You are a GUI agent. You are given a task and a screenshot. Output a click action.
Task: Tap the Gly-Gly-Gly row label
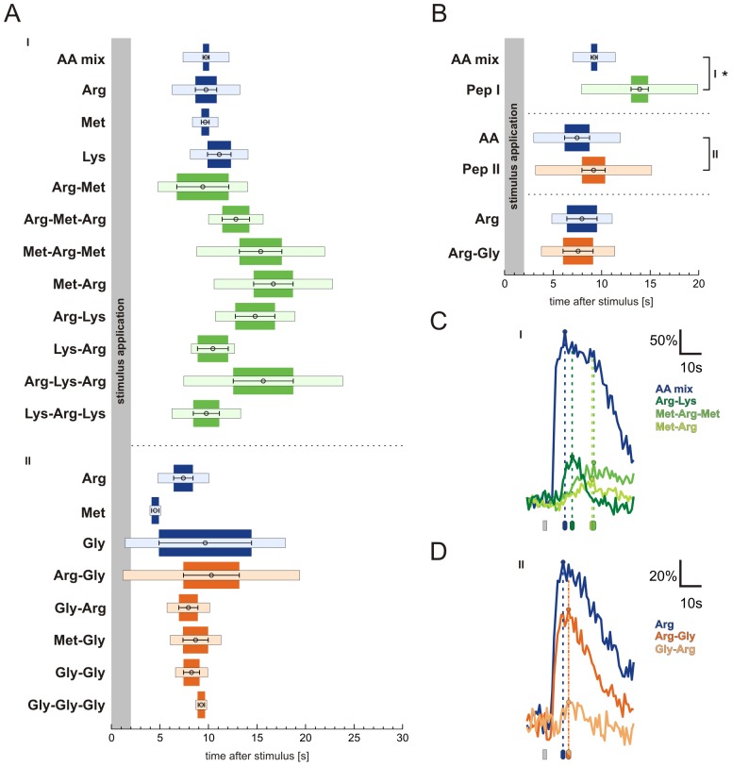[68, 705]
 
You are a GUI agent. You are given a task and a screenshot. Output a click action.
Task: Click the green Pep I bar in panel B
[640, 89]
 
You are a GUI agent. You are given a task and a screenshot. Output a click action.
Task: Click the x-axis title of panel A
[257, 757]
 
